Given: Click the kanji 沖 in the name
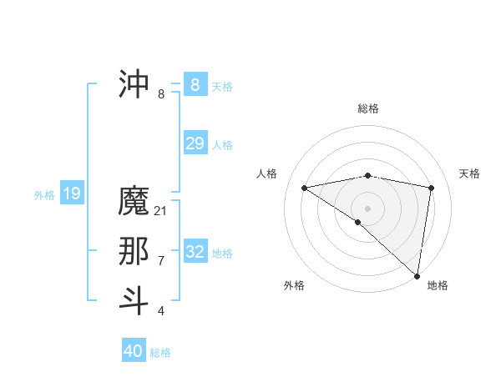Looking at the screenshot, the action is pos(134,84).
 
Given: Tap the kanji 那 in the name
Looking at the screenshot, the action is pos(134,251).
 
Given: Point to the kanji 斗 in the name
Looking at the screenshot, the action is pos(134,301).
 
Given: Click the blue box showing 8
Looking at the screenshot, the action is pos(195,84).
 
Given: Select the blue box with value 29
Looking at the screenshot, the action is pos(195,143).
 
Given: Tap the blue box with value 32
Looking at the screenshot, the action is pos(195,251).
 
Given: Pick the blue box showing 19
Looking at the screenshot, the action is pos(72,194).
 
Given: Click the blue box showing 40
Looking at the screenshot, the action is pos(134,351).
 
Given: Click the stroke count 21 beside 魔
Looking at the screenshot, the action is pos(161,211).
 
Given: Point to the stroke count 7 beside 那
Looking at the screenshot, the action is pos(161,261).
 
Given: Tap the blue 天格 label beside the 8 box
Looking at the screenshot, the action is pos(222,87).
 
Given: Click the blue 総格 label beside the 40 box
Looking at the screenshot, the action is pos(160,354).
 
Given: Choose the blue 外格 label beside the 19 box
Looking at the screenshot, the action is pos(44,196).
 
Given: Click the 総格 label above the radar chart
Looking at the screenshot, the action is pos(367,108).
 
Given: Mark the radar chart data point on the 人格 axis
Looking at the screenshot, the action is pos(305,188).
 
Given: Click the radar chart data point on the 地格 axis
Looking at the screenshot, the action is pos(417,275).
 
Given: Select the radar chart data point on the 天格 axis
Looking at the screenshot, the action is pos(432,188).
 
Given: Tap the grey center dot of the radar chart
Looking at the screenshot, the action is pos(367,208).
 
